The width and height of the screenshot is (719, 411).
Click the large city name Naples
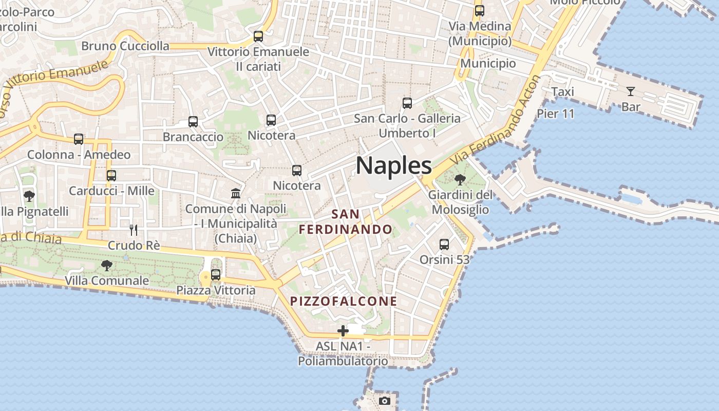(394, 165)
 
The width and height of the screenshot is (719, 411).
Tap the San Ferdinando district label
(346, 221)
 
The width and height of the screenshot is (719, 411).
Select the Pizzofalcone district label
(344, 301)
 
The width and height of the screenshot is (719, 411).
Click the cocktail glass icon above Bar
(630, 91)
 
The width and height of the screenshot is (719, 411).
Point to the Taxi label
(562, 91)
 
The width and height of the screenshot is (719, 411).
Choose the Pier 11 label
(556, 114)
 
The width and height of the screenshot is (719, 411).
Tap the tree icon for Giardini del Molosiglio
(460, 180)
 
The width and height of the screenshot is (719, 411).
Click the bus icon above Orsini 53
(444, 245)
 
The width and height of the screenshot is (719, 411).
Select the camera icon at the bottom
(385, 401)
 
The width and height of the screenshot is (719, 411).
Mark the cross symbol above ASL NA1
(343, 330)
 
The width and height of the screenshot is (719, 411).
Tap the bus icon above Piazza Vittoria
(216, 274)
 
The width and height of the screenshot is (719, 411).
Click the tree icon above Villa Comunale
(107, 266)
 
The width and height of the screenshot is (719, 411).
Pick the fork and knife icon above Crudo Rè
(134, 230)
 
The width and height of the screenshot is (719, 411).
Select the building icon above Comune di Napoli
(236, 193)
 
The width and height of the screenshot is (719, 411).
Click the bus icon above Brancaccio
(193, 122)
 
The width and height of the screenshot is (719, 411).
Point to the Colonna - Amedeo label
(79, 155)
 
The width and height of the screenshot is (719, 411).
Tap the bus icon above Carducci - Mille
(111, 175)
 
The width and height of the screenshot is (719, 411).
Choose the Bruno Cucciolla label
(125, 46)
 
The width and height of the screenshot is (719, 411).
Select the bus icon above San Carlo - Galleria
(407, 103)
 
